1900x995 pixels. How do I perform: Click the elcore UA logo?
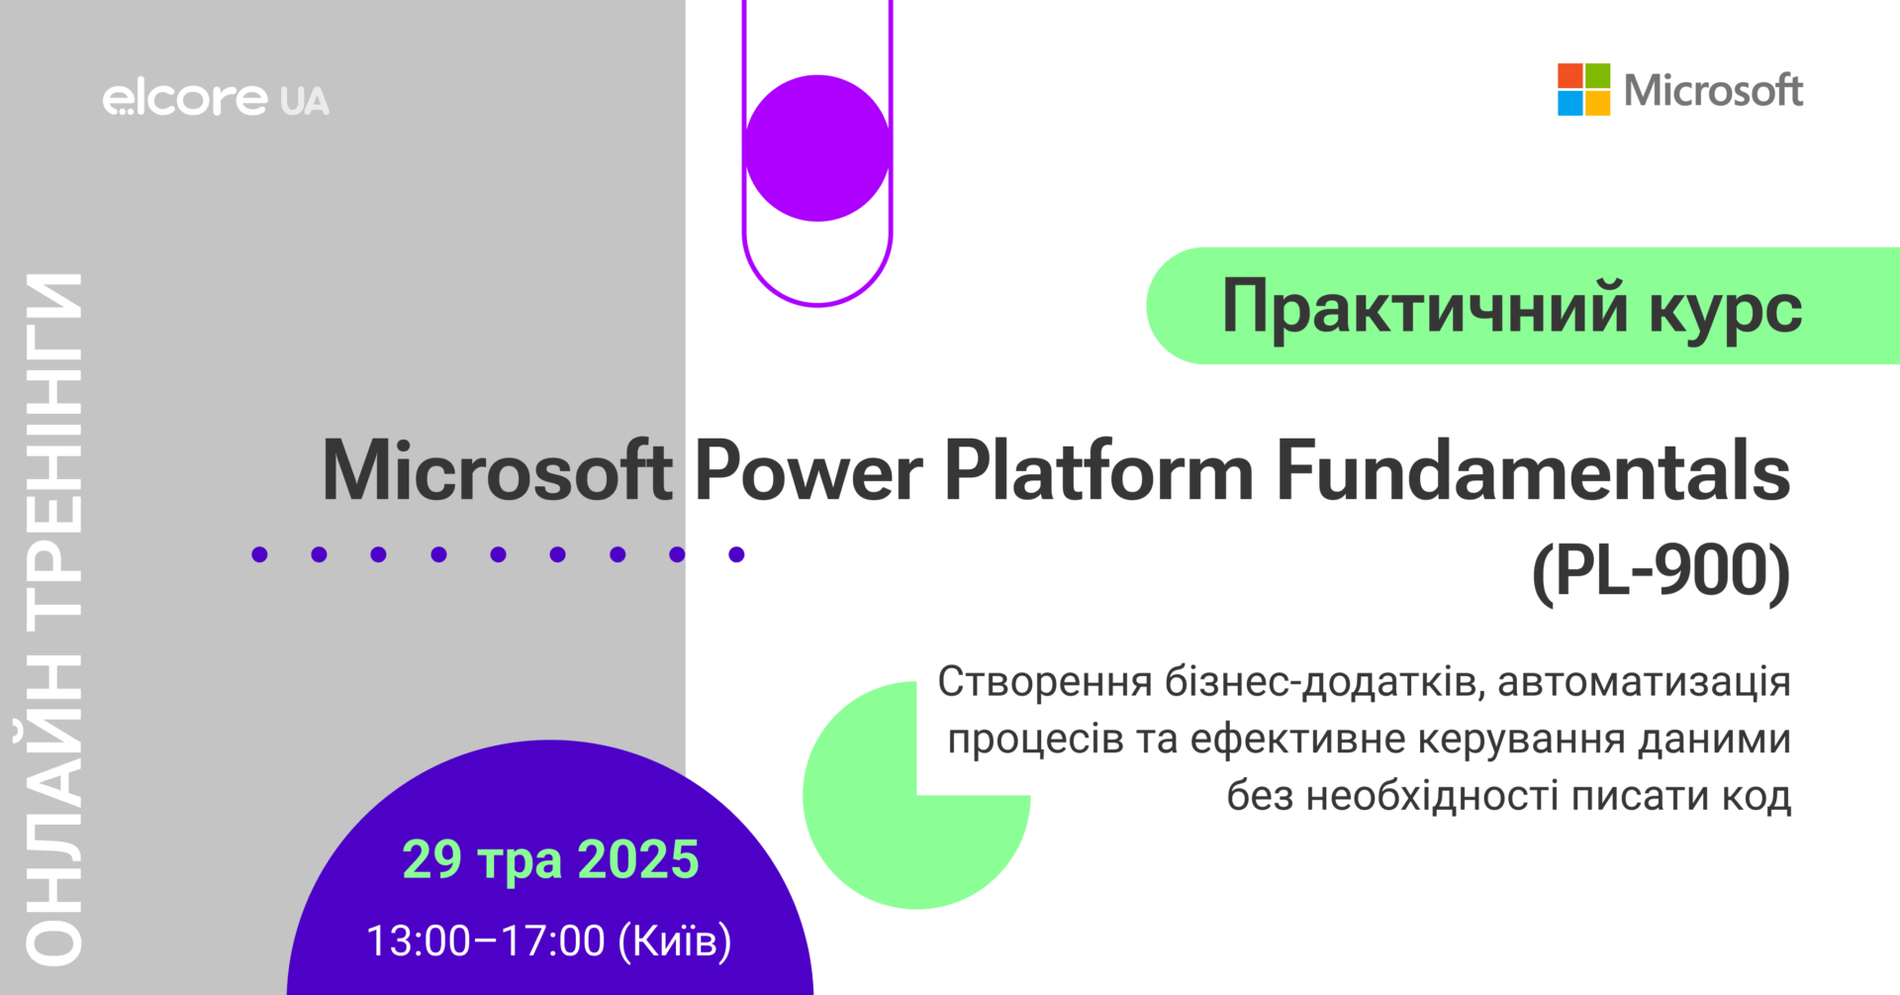point(216,99)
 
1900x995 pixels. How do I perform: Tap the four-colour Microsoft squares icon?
point(1583,90)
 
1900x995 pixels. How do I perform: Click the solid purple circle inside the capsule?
point(817,148)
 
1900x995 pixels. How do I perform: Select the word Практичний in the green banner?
point(1425,307)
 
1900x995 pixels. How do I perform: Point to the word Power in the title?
point(808,471)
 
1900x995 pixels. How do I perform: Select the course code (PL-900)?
point(1662,573)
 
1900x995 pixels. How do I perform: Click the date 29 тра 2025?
point(550,859)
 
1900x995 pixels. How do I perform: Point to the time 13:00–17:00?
point(485,941)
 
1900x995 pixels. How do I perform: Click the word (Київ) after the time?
point(675,941)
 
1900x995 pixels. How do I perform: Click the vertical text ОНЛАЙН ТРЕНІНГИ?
point(54,619)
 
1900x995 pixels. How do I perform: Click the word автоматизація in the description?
point(1644,682)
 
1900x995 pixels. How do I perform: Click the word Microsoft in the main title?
point(498,471)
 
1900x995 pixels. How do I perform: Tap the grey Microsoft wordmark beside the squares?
point(1713,90)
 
